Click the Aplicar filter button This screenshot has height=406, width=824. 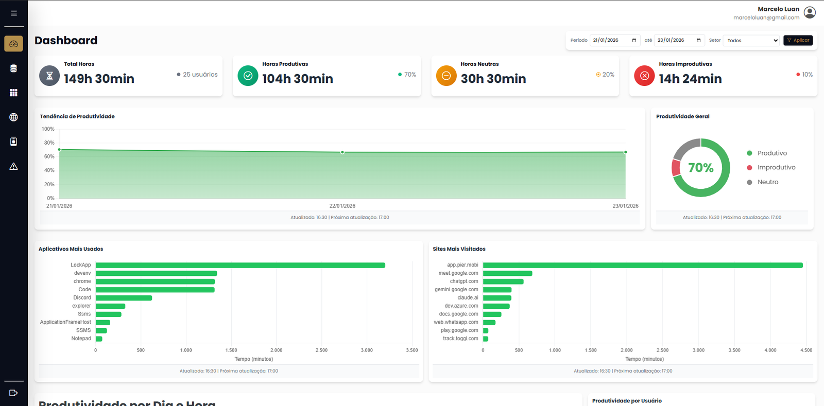[x=798, y=40]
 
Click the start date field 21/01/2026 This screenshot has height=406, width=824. [x=615, y=40]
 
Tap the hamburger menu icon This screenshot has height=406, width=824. [x=14, y=13]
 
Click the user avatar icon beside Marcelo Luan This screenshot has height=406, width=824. [x=810, y=12]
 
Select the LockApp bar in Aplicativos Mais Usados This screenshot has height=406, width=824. [x=240, y=265]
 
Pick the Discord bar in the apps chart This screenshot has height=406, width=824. [x=124, y=298]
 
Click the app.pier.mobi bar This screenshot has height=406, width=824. [x=642, y=265]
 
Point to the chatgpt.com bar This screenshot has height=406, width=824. [x=503, y=281]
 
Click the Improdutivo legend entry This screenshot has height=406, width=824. [x=776, y=167]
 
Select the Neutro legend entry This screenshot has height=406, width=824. [x=767, y=182]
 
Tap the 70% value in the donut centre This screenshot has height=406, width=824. [x=700, y=168]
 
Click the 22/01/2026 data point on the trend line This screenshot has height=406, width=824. [x=342, y=152]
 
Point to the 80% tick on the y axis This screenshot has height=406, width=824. [x=49, y=143]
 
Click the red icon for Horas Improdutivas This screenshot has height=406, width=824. [x=644, y=76]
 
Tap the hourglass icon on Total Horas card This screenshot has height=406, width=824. [x=49, y=76]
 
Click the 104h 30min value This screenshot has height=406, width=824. [x=298, y=79]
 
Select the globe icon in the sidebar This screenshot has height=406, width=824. [x=14, y=117]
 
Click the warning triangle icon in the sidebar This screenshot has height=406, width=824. [x=14, y=166]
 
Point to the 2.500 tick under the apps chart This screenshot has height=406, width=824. [x=321, y=350]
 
